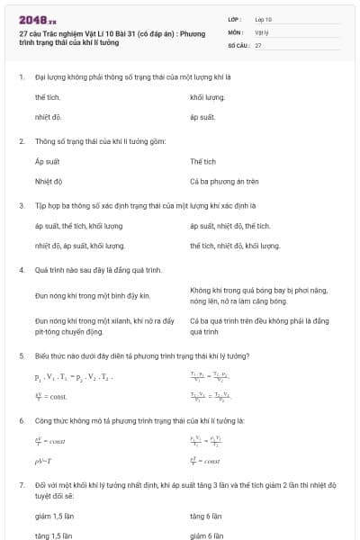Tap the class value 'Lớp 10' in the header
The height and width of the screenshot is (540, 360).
tap(263, 18)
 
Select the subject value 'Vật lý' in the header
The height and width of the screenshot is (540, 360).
tap(261, 31)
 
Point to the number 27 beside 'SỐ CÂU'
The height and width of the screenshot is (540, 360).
tap(258, 44)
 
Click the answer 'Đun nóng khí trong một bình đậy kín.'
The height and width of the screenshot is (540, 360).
tap(92, 295)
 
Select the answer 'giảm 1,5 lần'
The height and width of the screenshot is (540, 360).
tap(52, 516)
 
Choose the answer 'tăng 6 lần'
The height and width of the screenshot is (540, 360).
tap(205, 516)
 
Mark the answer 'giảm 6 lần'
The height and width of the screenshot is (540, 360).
tap(207, 535)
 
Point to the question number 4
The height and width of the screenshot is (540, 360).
tap(22, 269)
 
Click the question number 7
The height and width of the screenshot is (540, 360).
tap(22, 484)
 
